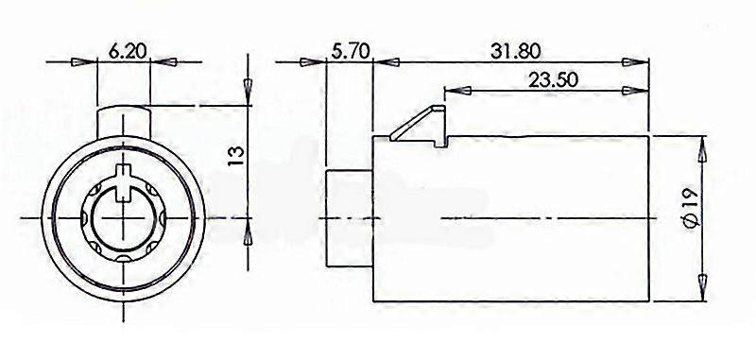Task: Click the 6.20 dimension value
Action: (128, 51)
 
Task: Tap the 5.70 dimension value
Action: (351, 50)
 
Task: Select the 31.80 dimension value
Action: (515, 51)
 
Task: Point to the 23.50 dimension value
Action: (553, 79)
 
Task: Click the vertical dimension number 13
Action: (236, 157)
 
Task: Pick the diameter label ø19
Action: (691, 208)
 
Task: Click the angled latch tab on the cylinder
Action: (419, 127)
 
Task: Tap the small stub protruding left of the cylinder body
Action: (350, 218)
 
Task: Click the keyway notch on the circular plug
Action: (124, 182)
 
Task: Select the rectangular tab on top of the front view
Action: (124, 123)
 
